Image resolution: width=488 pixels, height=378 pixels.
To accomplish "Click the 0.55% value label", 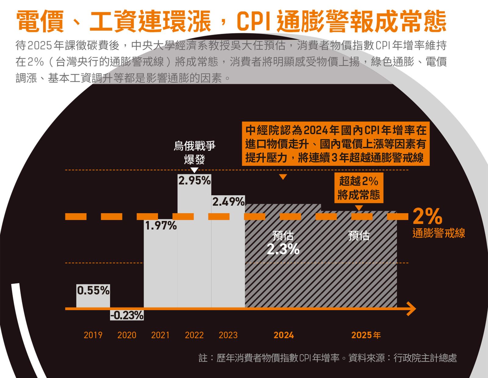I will pos(93,290).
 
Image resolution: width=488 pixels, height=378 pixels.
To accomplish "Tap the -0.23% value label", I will pos(127,315).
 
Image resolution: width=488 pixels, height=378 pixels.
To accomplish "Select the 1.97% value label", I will pos(161,225).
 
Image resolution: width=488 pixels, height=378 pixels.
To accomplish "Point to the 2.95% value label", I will pos(194,181).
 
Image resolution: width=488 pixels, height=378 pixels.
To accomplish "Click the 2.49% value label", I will pos(228,202).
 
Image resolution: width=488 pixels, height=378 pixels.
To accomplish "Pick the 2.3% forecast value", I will pos(283,249).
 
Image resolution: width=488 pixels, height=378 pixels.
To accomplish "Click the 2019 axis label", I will pos(93,335).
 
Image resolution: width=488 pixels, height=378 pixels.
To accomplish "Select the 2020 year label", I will pos(127,335).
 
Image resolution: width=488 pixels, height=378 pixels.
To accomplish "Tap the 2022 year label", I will pos(194,335).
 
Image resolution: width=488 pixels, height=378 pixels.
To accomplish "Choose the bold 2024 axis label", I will pos(284,335).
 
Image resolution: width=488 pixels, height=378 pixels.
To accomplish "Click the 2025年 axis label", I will pos(366,335).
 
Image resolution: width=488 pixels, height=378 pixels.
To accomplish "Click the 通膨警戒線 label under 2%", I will pos(439,233).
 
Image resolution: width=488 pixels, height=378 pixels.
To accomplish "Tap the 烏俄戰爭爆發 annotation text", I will pos(195,152).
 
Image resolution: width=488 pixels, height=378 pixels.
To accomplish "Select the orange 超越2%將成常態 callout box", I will pos(359,188).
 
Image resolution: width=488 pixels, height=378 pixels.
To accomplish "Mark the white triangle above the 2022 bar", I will pos(194,170).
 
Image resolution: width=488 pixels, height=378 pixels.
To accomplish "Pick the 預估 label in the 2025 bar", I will pos(359,236).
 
